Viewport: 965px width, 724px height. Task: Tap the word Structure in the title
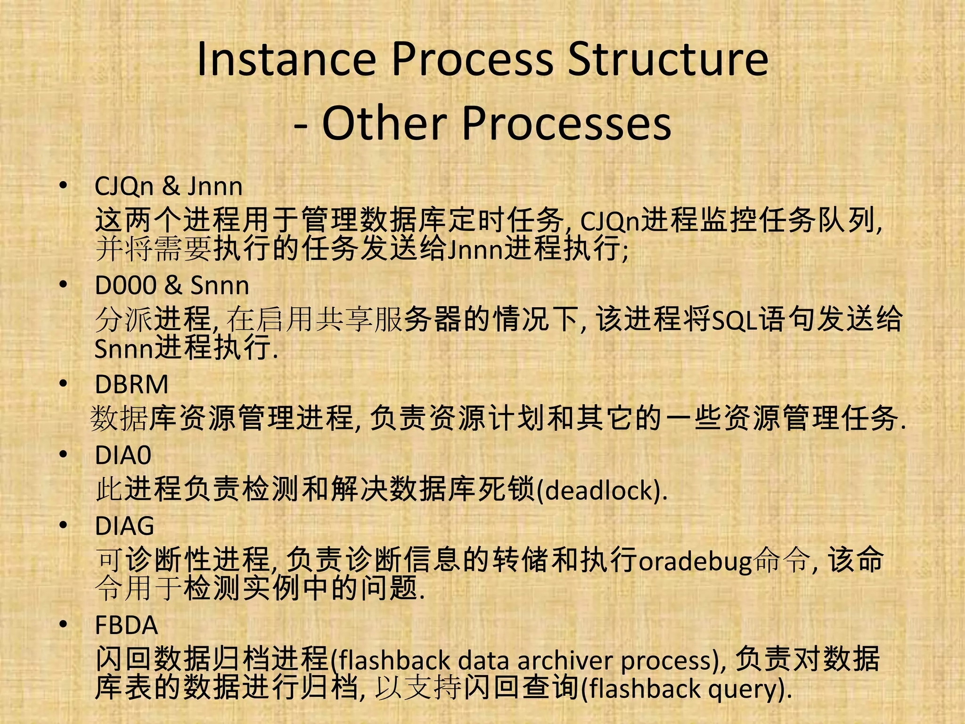tap(668, 60)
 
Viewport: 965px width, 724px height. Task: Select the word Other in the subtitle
tap(384, 123)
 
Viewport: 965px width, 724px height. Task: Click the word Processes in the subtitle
tap(567, 123)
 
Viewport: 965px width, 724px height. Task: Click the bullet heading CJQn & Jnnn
tap(169, 186)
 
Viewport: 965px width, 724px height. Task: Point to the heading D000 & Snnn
tap(172, 286)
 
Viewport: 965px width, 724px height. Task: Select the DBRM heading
tap(131, 384)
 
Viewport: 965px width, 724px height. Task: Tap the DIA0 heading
tap(123, 455)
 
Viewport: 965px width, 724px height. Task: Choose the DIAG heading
tap(124, 526)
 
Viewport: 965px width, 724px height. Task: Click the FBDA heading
tap(126, 625)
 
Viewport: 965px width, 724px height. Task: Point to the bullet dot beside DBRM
tap(64, 384)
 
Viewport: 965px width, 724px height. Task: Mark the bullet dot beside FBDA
tap(64, 625)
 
